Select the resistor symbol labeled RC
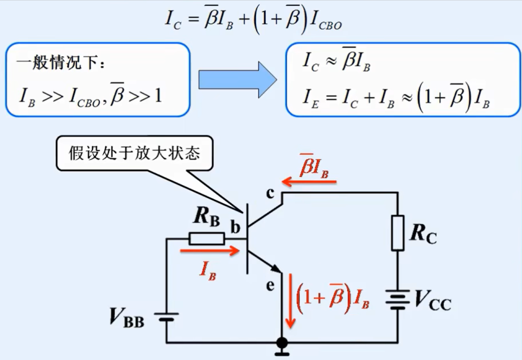pyautogui.click(x=398, y=233)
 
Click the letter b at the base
pyautogui.click(x=235, y=228)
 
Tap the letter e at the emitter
pyautogui.click(x=271, y=285)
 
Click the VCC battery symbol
pyautogui.click(x=398, y=299)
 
